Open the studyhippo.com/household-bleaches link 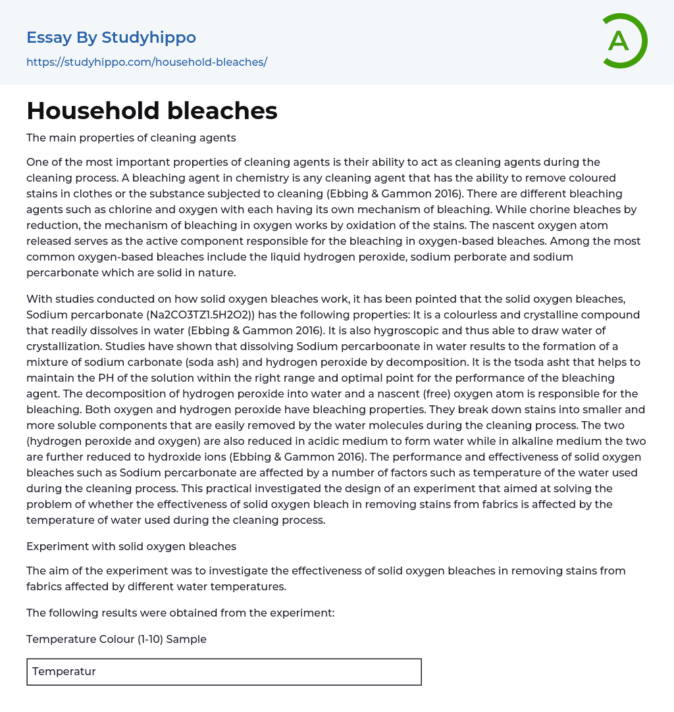pos(147,62)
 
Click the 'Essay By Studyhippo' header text pos(111,38)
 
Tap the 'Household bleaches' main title pos(152,111)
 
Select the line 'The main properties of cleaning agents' pos(131,138)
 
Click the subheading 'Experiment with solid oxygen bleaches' pos(131,546)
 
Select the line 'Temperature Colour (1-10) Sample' pos(117,639)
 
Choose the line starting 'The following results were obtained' pos(180,613)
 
